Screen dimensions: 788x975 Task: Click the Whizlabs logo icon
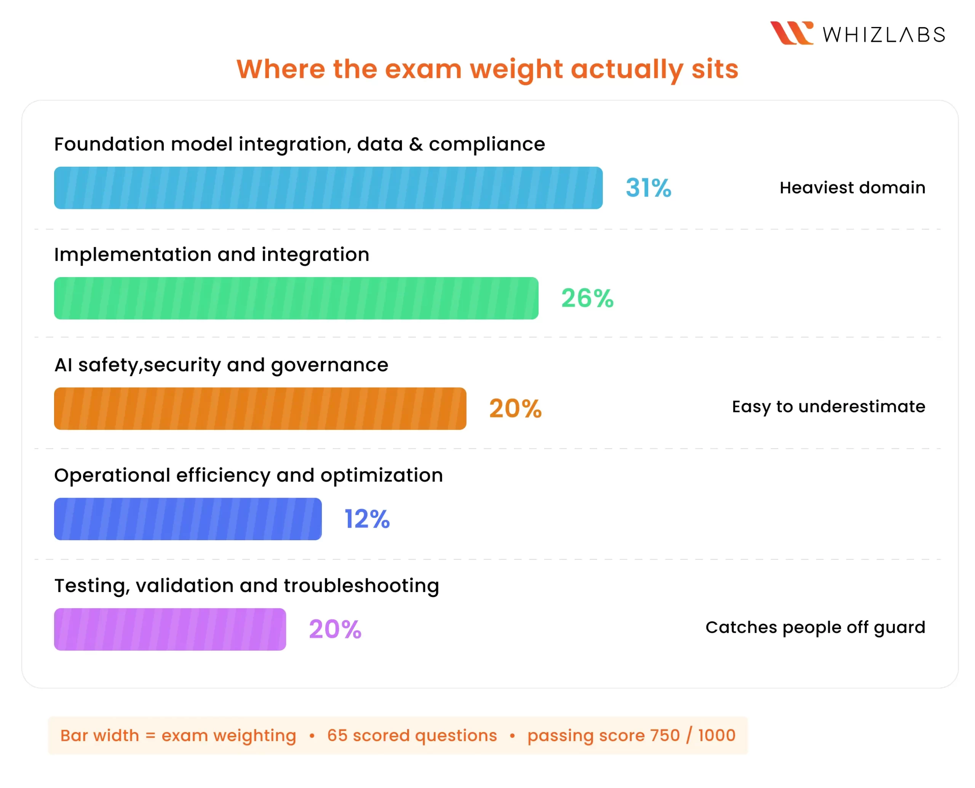pos(791,33)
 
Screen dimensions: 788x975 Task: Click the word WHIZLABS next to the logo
pos(884,35)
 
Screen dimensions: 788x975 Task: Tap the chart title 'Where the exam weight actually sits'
pos(487,69)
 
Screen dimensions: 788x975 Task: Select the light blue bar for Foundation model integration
pos(328,188)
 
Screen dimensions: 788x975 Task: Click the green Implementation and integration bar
pos(296,298)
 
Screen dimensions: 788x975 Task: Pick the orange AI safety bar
pos(260,408)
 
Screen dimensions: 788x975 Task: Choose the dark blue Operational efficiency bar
pos(187,519)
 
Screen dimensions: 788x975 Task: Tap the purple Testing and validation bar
pos(170,629)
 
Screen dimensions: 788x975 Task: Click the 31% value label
pos(648,188)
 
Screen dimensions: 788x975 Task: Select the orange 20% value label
pos(515,408)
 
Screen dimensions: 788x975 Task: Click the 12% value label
pos(367,519)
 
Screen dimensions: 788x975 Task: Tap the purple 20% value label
pos(335,629)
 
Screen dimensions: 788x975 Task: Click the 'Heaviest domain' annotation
pos(852,187)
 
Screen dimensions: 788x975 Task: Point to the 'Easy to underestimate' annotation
pos(828,406)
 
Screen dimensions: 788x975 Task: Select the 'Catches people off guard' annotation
pos(815,627)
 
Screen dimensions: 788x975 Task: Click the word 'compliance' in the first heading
pos(487,144)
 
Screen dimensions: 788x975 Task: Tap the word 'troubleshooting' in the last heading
pos(361,585)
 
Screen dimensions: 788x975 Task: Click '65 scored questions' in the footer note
pos(412,735)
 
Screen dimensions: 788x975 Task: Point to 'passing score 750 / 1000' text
pos(631,735)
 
